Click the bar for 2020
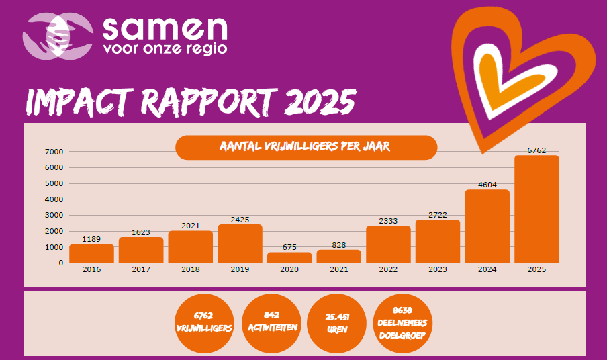click(289, 257)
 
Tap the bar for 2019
click(240, 244)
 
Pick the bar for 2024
click(487, 226)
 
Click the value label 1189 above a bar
click(91, 239)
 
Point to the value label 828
click(339, 245)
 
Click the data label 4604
click(487, 185)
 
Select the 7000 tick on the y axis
click(54, 152)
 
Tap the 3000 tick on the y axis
click(54, 216)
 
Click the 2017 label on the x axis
click(141, 269)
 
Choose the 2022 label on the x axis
click(388, 269)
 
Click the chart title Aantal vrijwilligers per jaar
click(306, 147)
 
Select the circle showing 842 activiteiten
click(271, 323)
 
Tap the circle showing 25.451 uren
click(337, 323)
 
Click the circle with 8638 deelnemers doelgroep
click(403, 323)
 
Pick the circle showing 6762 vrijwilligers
click(203, 323)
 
